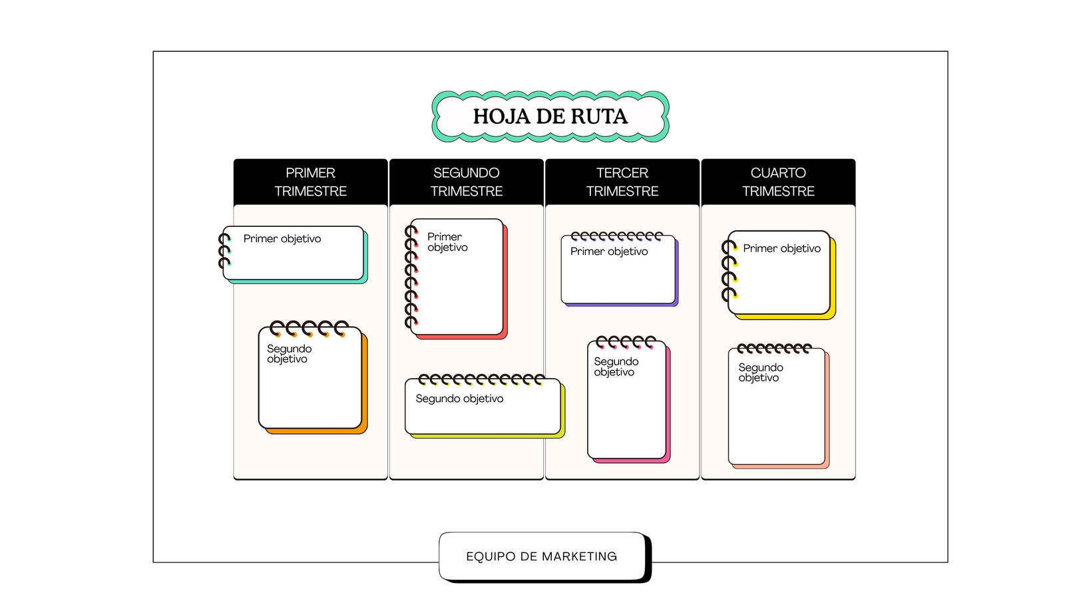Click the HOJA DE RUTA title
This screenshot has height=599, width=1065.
tap(550, 116)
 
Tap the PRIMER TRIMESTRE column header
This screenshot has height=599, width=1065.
tap(310, 182)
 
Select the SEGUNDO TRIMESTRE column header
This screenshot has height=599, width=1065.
tap(467, 182)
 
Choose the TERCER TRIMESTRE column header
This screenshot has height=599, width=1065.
tap(622, 182)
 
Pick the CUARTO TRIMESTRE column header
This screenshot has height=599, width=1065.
tap(778, 182)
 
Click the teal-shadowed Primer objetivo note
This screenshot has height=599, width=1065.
tap(294, 254)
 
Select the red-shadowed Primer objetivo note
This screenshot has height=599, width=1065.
tap(457, 278)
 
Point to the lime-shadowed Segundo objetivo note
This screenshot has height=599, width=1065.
tap(485, 407)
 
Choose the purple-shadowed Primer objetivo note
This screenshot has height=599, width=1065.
tap(619, 270)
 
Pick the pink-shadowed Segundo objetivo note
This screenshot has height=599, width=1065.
tap(628, 399)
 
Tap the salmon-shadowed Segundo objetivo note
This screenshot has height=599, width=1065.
tap(778, 407)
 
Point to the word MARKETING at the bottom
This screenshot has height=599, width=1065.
tap(580, 556)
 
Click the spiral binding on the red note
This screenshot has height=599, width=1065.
tap(411, 277)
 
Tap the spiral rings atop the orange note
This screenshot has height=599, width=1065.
tap(309, 328)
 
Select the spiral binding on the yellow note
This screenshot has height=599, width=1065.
tap(730, 270)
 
